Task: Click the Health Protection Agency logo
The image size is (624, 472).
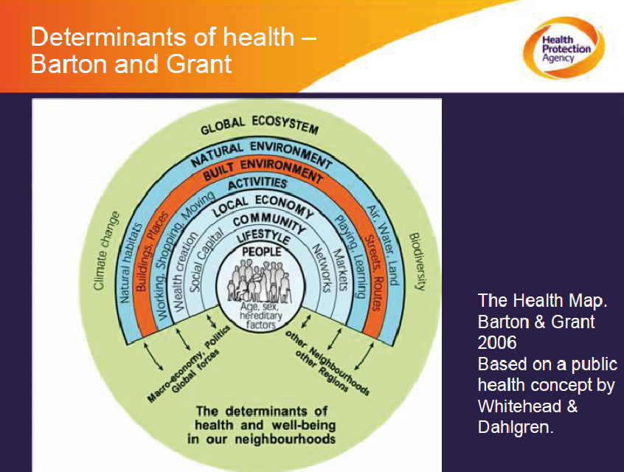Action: (x=563, y=49)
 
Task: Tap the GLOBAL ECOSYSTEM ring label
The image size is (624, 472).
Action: (x=260, y=124)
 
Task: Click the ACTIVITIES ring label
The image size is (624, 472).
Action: (x=257, y=184)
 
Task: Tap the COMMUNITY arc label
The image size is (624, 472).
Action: (x=269, y=222)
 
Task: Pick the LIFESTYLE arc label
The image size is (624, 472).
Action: (x=263, y=237)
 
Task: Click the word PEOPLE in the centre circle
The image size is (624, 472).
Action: (x=261, y=251)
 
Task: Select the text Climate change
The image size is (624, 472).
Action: (x=106, y=250)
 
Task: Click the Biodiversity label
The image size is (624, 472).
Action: (x=418, y=262)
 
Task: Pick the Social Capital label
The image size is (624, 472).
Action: (x=206, y=261)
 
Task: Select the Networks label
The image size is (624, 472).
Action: (x=321, y=268)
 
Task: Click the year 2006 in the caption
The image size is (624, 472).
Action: (x=497, y=343)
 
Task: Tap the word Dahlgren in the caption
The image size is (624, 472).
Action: (x=516, y=427)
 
